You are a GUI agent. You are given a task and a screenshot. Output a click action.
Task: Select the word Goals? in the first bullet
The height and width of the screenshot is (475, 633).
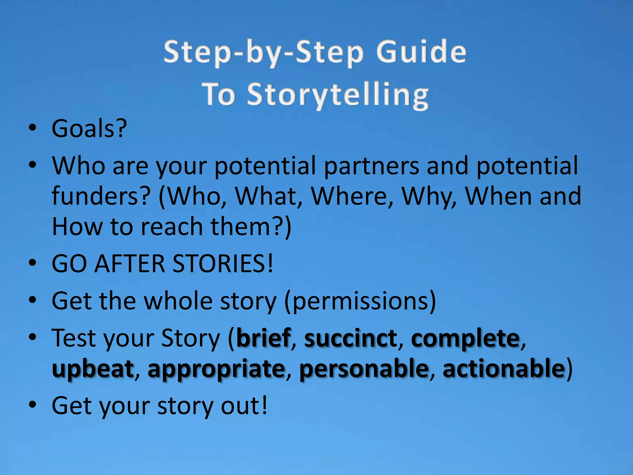89,128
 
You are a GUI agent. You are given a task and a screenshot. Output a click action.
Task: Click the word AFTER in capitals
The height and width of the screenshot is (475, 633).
130,263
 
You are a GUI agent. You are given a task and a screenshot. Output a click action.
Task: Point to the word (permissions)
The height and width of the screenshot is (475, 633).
360,301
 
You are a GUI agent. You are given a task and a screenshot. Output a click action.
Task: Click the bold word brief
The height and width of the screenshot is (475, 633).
263,338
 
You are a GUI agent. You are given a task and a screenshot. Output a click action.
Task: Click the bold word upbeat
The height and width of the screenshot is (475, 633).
93,369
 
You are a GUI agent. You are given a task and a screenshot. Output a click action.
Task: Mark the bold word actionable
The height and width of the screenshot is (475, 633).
504,368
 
